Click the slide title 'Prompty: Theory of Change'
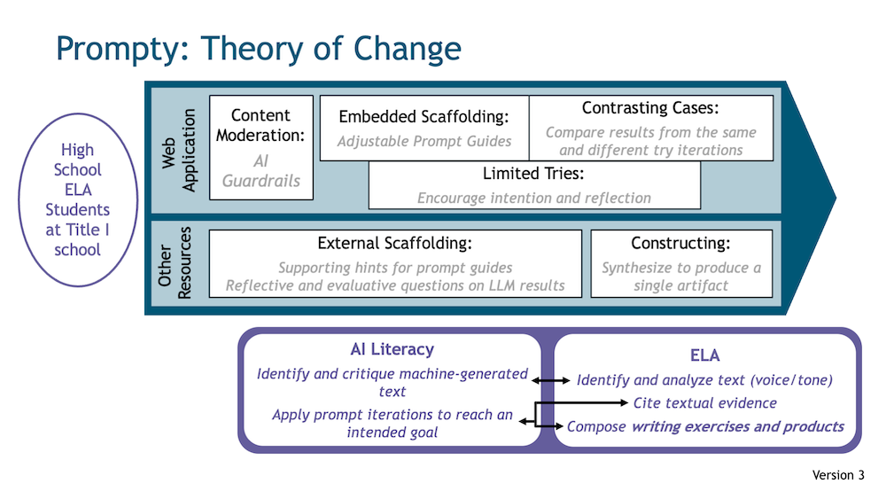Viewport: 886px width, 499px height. (258, 49)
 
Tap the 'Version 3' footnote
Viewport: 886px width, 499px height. (838, 475)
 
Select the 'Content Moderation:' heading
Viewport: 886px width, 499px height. (260, 126)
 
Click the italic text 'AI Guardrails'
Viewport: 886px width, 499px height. (260, 171)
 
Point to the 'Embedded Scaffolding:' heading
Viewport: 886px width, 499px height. (424, 117)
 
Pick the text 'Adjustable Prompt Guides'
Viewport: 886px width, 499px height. (424, 141)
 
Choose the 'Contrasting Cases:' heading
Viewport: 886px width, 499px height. (650, 107)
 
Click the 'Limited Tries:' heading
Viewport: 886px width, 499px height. (533, 173)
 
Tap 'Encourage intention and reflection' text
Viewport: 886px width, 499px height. (534, 198)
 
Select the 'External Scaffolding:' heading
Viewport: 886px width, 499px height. (394, 243)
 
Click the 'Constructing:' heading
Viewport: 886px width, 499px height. (680, 243)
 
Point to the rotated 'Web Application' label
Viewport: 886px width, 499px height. (179, 151)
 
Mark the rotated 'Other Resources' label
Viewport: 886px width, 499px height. (175, 262)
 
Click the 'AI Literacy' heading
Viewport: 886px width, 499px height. (392, 349)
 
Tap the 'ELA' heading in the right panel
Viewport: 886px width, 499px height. (704, 355)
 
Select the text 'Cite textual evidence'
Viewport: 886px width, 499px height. (704, 403)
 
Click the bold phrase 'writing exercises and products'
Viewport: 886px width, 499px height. (737, 426)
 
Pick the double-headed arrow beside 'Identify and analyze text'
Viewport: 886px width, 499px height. (551, 381)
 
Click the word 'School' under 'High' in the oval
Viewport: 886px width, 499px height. (77, 170)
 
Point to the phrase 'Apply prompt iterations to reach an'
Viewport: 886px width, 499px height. (392, 415)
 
